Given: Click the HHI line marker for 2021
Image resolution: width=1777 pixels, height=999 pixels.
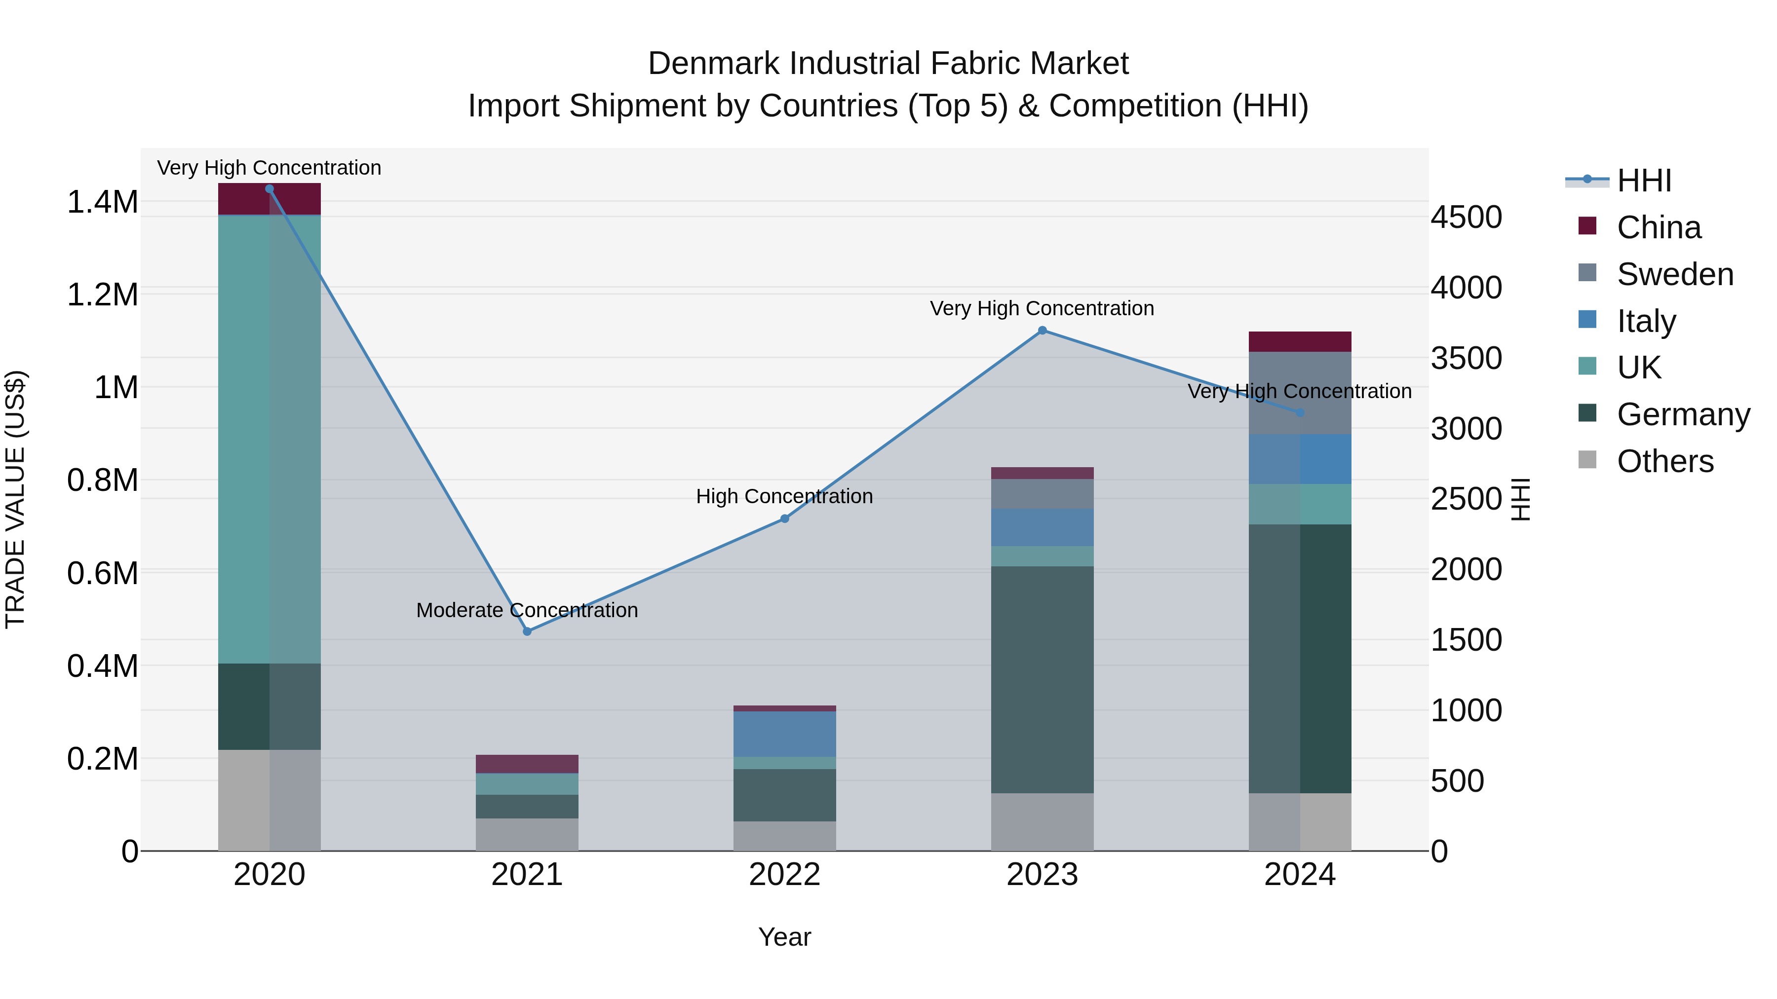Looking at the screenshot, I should [527, 631].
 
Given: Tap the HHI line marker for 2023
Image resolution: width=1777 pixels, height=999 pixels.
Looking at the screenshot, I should [1043, 330].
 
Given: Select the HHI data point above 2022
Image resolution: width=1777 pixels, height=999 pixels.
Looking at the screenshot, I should [784, 518].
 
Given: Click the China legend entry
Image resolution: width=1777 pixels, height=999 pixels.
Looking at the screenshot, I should [1659, 227].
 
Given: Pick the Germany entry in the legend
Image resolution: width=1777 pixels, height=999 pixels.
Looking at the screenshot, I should [1683, 414].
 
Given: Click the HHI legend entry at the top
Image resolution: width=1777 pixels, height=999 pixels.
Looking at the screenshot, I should [1644, 181].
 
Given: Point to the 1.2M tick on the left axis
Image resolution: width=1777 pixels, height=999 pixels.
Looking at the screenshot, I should [102, 295].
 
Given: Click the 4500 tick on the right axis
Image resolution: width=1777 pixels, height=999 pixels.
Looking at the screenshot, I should [1466, 217].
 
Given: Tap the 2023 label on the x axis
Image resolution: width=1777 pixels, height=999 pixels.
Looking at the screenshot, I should [1043, 874].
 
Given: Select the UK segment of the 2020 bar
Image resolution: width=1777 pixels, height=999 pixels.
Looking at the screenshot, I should [269, 439].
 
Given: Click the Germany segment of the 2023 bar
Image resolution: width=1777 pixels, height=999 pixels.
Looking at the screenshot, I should [1043, 679].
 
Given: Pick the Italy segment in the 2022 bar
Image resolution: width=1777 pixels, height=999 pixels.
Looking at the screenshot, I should [784, 734].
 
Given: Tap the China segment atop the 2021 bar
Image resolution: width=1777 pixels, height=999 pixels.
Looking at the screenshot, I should [527, 764].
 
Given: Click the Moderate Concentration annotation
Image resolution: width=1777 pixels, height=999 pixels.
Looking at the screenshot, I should [527, 610].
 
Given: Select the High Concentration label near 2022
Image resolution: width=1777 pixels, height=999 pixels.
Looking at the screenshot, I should [784, 496].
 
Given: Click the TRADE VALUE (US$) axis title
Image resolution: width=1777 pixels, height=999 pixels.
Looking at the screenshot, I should [15, 499].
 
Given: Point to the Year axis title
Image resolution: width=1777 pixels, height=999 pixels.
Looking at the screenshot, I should [784, 937].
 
